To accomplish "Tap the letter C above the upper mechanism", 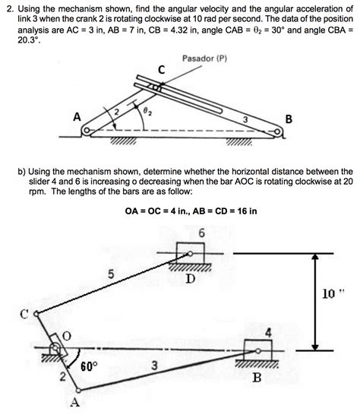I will point(161,71).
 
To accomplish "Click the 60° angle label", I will point(90,366).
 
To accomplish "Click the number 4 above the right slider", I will point(267,332).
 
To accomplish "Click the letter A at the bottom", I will point(74,403).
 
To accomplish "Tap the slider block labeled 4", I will point(256,350).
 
